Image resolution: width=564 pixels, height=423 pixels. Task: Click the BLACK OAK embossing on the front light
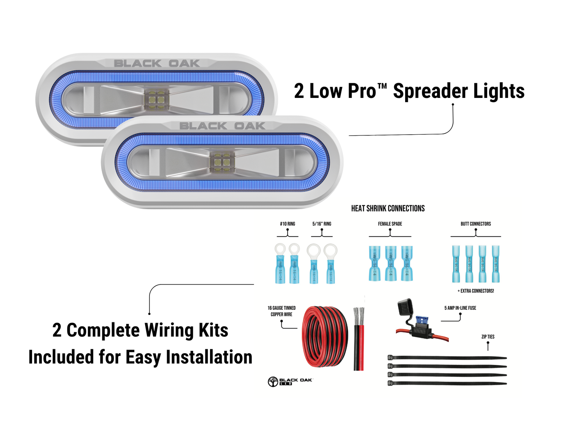[x=222, y=126]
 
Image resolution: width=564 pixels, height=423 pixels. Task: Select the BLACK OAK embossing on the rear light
[x=157, y=63]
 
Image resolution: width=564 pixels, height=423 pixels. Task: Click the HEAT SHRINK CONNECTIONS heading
[x=388, y=208]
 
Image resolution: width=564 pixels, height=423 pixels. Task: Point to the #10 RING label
[x=287, y=224]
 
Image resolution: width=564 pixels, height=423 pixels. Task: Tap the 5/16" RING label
[x=322, y=224]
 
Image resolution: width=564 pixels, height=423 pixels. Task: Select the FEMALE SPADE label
[x=390, y=224]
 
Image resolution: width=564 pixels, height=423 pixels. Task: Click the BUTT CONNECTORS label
[x=475, y=224]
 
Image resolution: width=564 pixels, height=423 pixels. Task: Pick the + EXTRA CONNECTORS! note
[x=475, y=291]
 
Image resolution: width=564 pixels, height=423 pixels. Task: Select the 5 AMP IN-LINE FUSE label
[x=460, y=308]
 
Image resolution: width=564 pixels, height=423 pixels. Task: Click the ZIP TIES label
[x=487, y=337]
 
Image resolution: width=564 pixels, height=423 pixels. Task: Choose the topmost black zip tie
[x=447, y=358]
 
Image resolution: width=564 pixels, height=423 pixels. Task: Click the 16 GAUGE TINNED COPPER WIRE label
[x=281, y=311]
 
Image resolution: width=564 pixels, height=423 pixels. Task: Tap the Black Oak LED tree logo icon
[x=273, y=382]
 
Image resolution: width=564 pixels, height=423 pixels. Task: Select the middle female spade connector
[x=391, y=263]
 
